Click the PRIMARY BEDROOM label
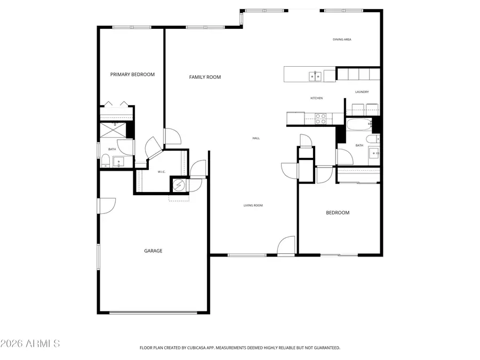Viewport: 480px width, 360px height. tap(132, 75)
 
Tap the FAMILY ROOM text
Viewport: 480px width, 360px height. tap(205, 77)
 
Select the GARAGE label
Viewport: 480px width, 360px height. tap(153, 251)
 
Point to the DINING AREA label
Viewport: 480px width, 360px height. tap(342, 39)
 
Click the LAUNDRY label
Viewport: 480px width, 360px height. tap(362, 92)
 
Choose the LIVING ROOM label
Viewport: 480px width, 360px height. tap(253, 205)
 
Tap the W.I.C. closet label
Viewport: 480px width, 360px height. tap(162, 172)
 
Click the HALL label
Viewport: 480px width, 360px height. tap(256, 139)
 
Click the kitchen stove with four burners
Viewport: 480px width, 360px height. tap(321, 118)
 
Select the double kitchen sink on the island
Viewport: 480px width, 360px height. tap(315, 77)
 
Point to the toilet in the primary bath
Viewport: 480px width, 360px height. tap(106, 161)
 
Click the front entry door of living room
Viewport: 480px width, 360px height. tap(286, 246)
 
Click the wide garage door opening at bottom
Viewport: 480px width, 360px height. tap(153, 312)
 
